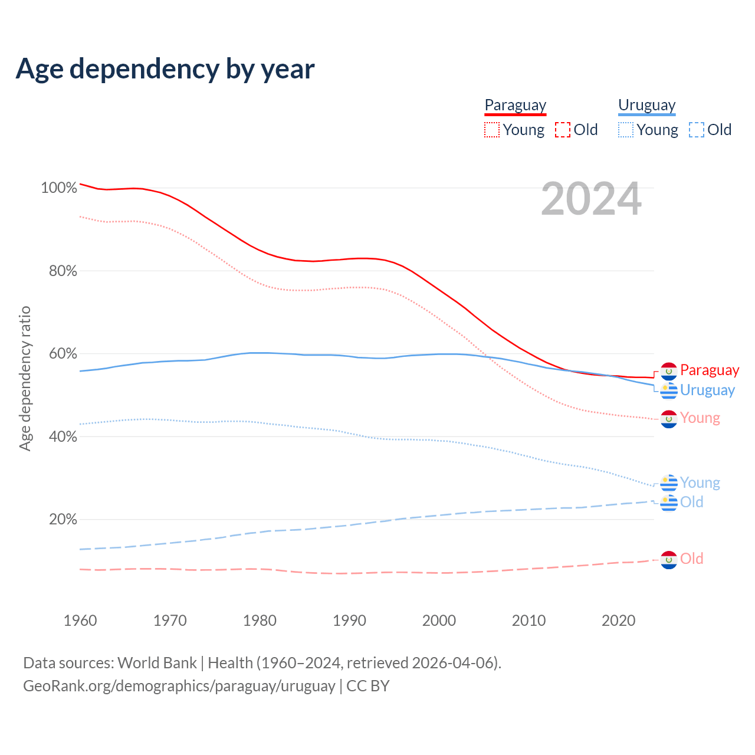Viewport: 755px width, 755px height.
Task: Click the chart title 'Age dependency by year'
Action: [x=165, y=68]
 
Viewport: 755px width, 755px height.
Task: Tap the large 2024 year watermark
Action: [x=591, y=199]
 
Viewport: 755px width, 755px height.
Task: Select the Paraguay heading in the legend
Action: [x=515, y=105]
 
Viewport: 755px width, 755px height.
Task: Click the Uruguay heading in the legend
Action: [x=646, y=105]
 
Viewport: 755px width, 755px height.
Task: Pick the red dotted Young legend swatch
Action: [x=491, y=130]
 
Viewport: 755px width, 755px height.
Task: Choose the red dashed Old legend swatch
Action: [x=563, y=130]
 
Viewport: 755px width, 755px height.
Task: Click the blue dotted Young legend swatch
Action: [x=625, y=130]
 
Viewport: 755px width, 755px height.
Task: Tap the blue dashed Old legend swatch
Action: [x=697, y=130]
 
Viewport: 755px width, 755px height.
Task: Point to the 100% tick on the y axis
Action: [x=59, y=188]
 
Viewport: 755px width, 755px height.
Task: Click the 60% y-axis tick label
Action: [x=63, y=354]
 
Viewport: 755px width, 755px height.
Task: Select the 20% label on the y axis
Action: [x=63, y=520]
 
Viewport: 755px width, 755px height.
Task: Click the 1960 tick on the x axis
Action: [x=80, y=621]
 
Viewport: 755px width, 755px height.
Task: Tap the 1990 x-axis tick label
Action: [x=349, y=621]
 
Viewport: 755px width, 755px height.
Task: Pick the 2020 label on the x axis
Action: [x=618, y=621]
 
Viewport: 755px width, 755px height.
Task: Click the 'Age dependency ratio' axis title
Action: [x=25, y=378]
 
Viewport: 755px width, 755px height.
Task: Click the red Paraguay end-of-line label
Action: [x=709, y=370]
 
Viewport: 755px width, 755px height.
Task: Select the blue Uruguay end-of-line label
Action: [x=707, y=390]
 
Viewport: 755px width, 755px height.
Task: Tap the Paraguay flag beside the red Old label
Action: [x=669, y=559]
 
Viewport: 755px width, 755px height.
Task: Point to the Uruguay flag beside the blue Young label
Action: [x=669, y=482]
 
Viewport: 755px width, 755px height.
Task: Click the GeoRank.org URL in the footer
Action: [x=179, y=686]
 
